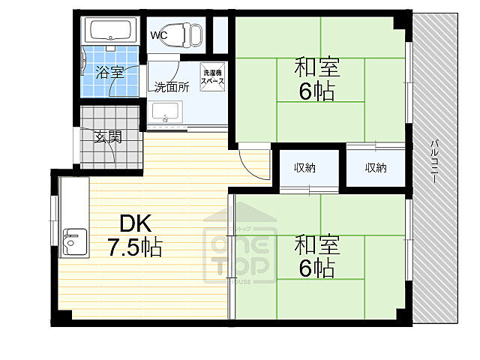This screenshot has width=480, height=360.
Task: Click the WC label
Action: click(160, 35)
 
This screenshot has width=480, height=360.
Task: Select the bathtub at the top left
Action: click(110, 31)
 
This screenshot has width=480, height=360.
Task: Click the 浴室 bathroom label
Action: click(109, 73)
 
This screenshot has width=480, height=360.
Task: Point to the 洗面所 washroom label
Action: click(172, 86)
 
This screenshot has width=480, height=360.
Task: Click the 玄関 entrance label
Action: click(108, 137)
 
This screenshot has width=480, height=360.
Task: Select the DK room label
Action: click(135, 223)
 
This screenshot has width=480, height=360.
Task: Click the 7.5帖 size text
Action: click(135, 247)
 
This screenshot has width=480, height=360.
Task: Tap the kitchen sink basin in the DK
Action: click(73, 241)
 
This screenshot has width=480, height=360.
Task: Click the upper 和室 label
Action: click(317, 68)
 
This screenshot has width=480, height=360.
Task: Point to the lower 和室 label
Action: click(317, 244)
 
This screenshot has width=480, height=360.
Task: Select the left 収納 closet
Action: click(304, 167)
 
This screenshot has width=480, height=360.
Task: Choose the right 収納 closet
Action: click(376, 167)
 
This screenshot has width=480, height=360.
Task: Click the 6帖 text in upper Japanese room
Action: click(317, 93)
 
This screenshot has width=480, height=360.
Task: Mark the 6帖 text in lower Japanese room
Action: click(317, 268)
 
